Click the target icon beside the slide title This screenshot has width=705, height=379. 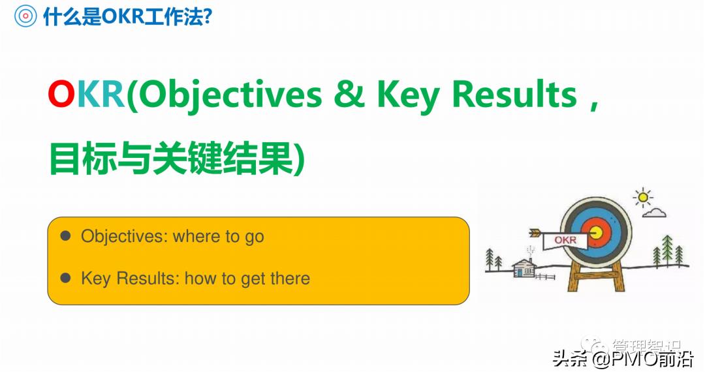point(24,16)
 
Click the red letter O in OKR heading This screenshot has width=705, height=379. point(62,95)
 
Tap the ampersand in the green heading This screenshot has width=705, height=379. point(350,95)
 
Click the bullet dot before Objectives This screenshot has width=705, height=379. point(65,236)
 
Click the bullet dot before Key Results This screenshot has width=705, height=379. point(65,279)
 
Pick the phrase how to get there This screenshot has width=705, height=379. point(247,279)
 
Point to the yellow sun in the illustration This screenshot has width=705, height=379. point(644,196)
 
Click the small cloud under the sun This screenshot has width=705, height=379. point(654,213)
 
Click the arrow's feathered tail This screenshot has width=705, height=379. point(535,232)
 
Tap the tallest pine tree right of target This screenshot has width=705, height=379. point(666,251)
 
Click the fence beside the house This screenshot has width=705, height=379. point(544,276)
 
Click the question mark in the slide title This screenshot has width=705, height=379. point(207,16)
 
